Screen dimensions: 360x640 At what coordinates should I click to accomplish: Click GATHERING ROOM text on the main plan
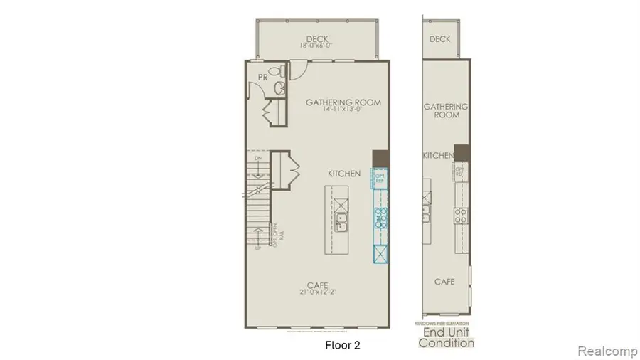(x=343, y=102)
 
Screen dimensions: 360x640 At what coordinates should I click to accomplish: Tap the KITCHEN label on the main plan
(x=344, y=174)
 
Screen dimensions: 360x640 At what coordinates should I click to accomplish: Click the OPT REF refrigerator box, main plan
(x=380, y=178)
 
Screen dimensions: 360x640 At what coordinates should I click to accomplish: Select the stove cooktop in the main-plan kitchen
(x=380, y=216)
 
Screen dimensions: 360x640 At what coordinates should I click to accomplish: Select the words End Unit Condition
(x=446, y=338)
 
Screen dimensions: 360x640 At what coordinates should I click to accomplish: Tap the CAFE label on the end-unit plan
(x=445, y=282)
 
